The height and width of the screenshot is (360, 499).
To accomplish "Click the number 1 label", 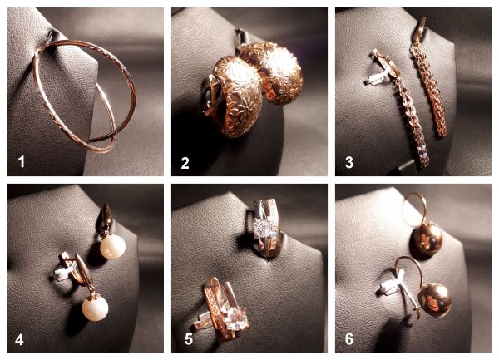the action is click(x=22, y=161).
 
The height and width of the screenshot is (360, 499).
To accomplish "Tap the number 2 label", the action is click(x=185, y=163).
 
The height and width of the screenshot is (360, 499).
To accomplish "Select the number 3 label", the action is click(x=349, y=162).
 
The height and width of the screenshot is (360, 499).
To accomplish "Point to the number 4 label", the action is click(x=19, y=340).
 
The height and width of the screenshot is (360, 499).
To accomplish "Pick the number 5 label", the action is click(x=189, y=339).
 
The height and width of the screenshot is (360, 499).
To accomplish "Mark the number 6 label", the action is click(x=349, y=339).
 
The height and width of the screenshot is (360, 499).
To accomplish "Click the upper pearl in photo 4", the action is click(x=112, y=248).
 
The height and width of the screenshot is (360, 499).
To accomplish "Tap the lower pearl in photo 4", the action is click(x=95, y=308).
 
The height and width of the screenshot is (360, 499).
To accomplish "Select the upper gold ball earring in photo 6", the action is click(x=427, y=238).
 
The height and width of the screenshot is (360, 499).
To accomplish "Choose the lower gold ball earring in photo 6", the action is click(x=434, y=301).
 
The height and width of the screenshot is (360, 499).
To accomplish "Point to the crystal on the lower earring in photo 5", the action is click(x=235, y=319).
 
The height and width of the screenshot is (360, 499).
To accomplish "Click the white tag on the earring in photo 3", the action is click(x=378, y=77).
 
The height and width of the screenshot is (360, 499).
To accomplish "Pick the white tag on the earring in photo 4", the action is click(x=65, y=271).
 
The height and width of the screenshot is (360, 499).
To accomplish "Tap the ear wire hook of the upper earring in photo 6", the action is click(x=413, y=209).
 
